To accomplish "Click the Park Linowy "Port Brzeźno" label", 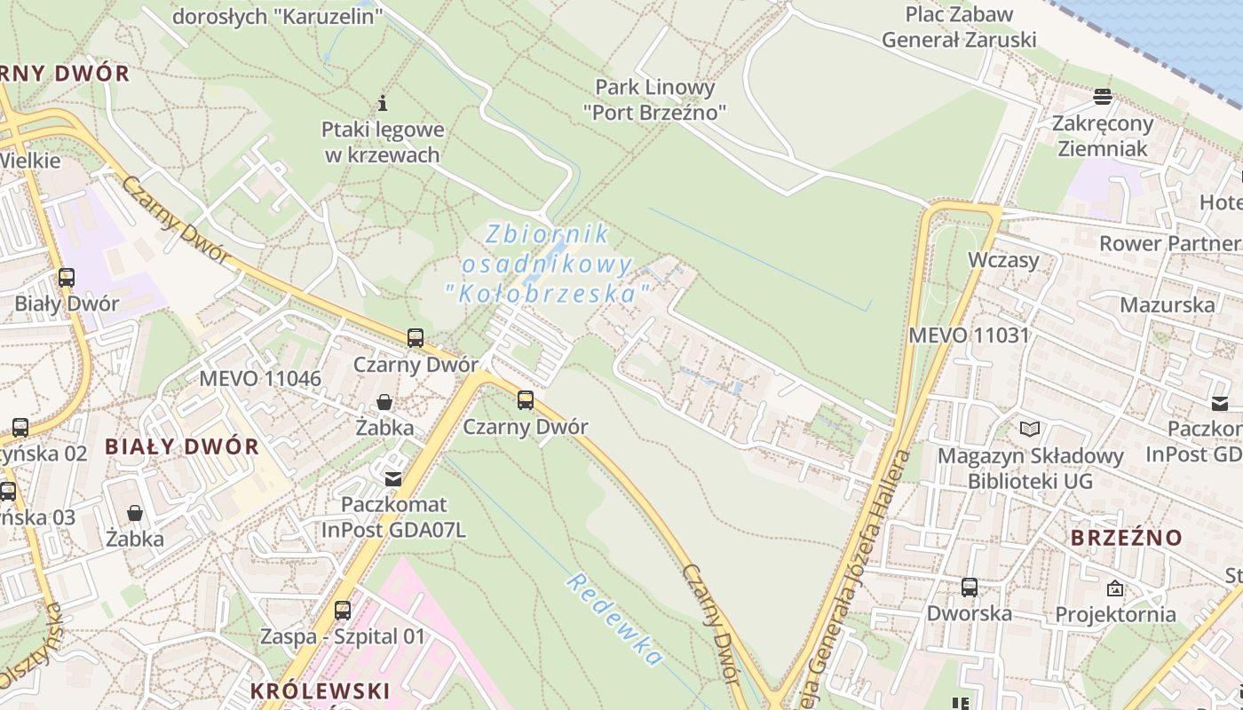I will click(x=655, y=99).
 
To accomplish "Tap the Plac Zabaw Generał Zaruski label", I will click(x=959, y=27).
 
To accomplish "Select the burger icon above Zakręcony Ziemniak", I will click(x=1103, y=95).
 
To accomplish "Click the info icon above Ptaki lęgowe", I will click(x=383, y=103).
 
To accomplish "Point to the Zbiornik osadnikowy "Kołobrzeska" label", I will click(x=548, y=264).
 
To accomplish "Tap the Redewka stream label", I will click(x=615, y=619).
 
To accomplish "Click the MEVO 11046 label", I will click(x=260, y=378).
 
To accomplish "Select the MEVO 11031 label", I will click(x=969, y=335).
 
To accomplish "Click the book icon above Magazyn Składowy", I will click(x=1030, y=430).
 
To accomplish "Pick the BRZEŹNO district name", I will click(x=1127, y=538).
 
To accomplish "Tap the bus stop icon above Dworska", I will click(x=969, y=587).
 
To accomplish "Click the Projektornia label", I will click(x=1115, y=614).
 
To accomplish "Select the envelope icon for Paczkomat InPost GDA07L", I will click(x=392, y=478).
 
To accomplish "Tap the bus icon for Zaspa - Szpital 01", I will click(x=343, y=611).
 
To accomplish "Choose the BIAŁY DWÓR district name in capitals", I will click(x=182, y=446).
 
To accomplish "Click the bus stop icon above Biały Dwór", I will click(x=67, y=277).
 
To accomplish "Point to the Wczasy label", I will click(x=1003, y=260).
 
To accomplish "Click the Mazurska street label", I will click(x=1168, y=305).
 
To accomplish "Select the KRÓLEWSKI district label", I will click(x=320, y=691).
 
